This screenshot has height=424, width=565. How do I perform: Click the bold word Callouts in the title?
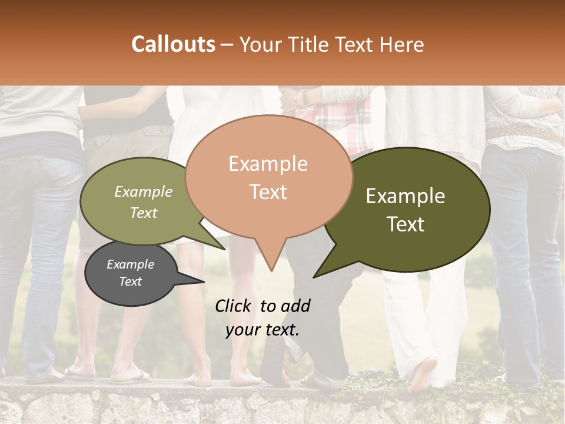click(x=173, y=44)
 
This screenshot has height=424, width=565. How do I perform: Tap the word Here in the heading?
click(x=402, y=44)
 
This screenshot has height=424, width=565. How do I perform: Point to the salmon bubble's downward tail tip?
click(x=271, y=270)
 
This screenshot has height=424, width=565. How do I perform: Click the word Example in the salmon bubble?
click(x=268, y=164)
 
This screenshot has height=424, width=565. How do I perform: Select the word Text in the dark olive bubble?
click(x=406, y=224)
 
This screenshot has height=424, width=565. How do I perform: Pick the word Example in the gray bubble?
click(x=130, y=264)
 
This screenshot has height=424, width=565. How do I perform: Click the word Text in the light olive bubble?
click(x=144, y=213)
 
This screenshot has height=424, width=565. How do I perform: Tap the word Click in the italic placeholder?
click(x=234, y=306)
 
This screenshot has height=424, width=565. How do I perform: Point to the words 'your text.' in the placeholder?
click(x=262, y=330)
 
